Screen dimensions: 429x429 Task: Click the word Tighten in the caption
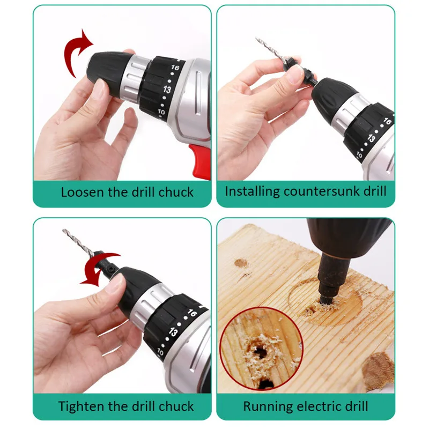81,406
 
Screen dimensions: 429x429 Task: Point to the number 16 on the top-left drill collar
174,68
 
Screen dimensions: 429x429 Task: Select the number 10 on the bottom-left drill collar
160,353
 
